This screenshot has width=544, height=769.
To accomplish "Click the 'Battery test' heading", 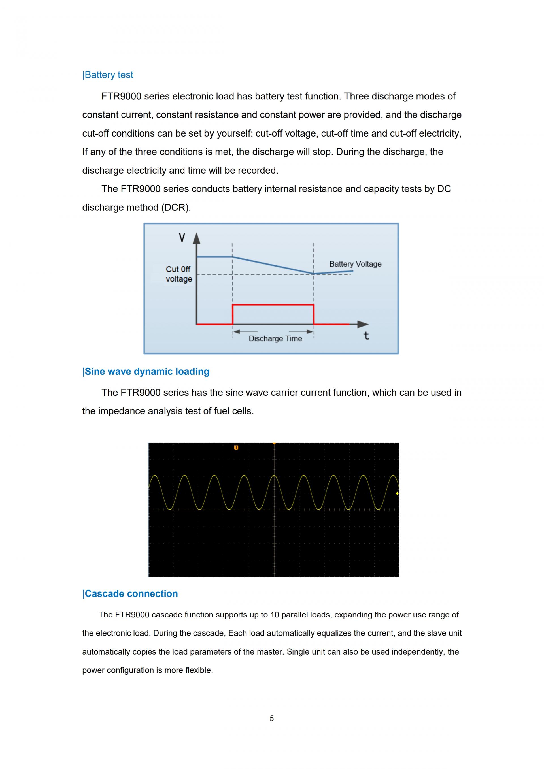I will pos(108,75).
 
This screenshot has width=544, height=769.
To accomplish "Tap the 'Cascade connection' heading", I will pos(130,593).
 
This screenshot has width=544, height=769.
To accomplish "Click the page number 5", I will pos(272,718).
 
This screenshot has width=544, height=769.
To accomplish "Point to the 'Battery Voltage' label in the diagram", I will pos(355,264).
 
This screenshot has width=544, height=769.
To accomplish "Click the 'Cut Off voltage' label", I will pos(179,274).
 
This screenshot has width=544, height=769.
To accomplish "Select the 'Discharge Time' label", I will pos(275,338).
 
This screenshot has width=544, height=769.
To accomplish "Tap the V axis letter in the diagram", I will pos(182,238).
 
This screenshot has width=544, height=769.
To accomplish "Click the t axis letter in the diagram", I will pos(366,336).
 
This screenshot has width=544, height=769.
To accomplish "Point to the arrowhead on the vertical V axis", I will pos(197,238).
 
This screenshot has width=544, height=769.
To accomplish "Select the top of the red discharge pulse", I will pos(273,305).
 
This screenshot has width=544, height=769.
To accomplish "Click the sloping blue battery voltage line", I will pos(273,266).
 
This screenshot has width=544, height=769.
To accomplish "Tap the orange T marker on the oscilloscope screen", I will pos(236,448).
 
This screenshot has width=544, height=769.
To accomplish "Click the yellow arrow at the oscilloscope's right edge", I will pos(397,493).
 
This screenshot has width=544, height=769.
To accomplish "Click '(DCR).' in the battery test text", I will pos(176,208).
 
